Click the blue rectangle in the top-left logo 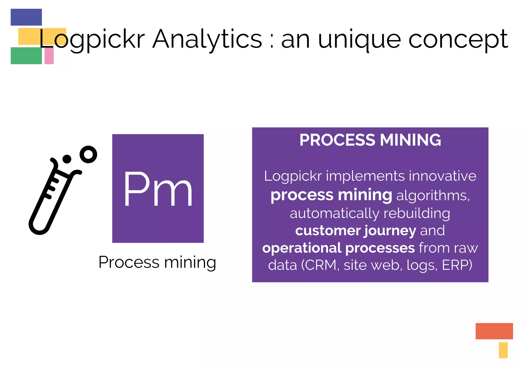(x=26, y=17)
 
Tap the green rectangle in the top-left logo (x=26, y=55)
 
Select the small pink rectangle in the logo (x=49, y=56)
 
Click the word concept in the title (x=458, y=40)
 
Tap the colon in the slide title (x=272, y=41)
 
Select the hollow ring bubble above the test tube (x=88, y=154)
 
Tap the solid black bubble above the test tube (x=67, y=159)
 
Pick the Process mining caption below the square (x=157, y=262)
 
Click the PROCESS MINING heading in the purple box (x=370, y=140)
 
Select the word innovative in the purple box (x=443, y=176)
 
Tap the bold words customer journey (x=355, y=231)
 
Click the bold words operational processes (x=338, y=248)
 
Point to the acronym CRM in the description (x=321, y=265)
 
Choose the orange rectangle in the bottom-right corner (x=494, y=331)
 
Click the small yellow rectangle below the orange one (x=503, y=350)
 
